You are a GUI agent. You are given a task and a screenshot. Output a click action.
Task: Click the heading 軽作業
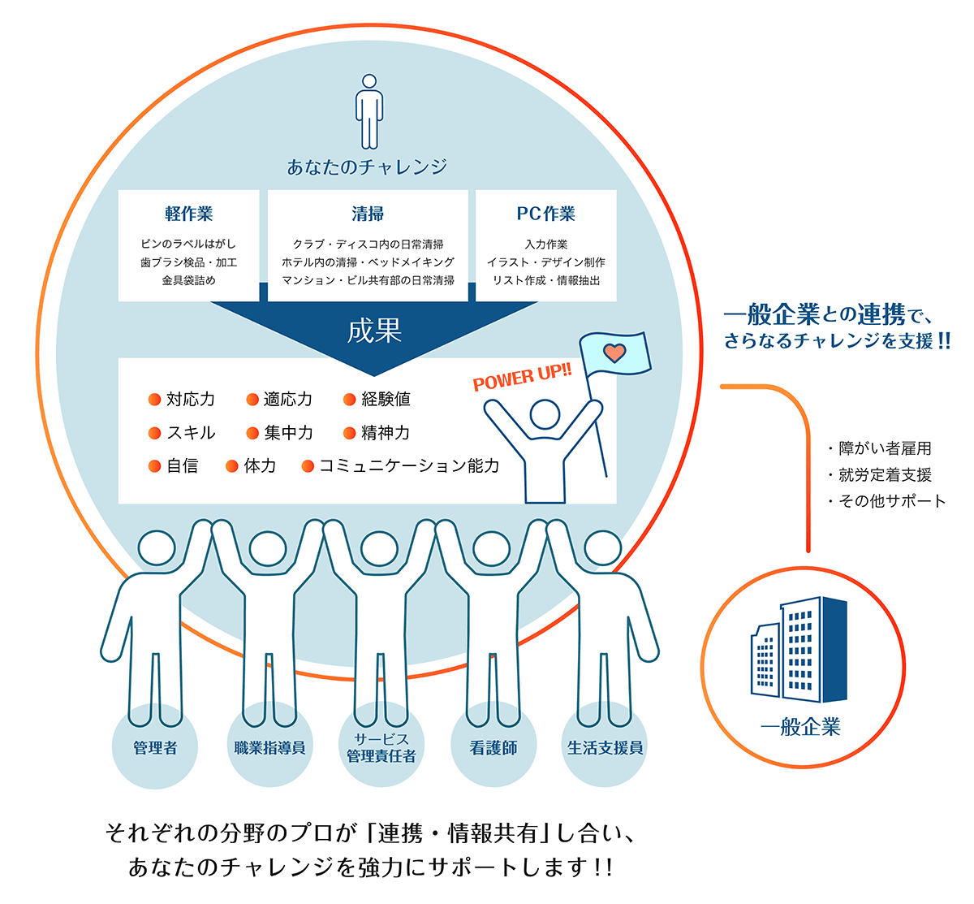pyautogui.click(x=188, y=214)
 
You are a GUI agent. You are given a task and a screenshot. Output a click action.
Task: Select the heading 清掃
pyautogui.click(x=368, y=214)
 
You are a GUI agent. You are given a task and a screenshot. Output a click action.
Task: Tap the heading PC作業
pyautogui.click(x=545, y=214)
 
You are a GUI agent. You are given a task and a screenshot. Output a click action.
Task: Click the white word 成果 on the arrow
pyautogui.click(x=374, y=331)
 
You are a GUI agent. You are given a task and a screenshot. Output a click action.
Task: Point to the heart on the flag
pyautogui.click(x=615, y=353)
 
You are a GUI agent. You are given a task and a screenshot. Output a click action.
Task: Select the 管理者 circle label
pyautogui.click(x=155, y=747)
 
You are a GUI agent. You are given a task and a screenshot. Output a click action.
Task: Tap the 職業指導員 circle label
pyautogui.click(x=269, y=747)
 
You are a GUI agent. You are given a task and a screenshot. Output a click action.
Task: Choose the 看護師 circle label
pyautogui.click(x=493, y=747)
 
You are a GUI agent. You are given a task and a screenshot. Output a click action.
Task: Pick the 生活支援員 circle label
pyautogui.click(x=606, y=747)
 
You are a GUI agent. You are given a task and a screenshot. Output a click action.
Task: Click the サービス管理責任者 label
pyautogui.click(x=381, y=748)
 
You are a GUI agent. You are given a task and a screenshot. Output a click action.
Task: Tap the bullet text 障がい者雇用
pyautogui.click(x=885, y=448)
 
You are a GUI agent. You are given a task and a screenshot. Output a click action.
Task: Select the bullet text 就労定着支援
pyautogui.click(x=885, y=475)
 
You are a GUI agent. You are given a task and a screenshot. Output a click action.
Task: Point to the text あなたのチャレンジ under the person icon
pyautogui.click(x=368, y=167)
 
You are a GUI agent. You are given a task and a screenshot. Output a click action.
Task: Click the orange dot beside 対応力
pyautogui.click(x=154, y=400)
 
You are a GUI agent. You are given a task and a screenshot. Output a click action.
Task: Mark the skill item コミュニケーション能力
pyautogui.click(x=409, y=466)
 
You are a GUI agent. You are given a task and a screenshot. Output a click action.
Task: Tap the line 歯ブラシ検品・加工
pyautogui.click(x=188, y=262)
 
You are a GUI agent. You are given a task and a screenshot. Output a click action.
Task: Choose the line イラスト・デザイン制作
pyautogui.click(x=545, y=262)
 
